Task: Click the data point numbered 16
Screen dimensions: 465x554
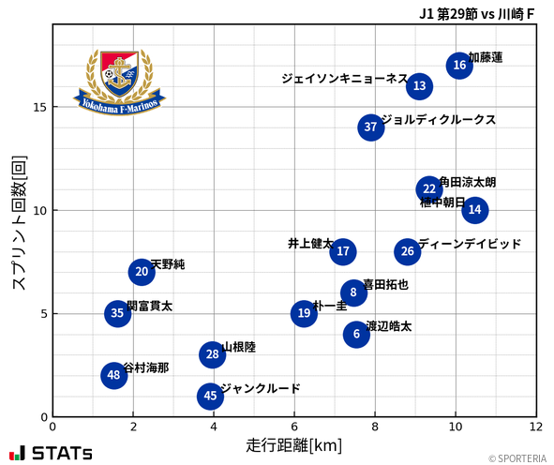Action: (x=458, y=65)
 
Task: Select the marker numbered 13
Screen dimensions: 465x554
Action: (x=419, y=86)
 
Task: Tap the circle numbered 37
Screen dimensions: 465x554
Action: (x=370, y=127)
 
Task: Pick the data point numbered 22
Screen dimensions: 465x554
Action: (x=429, y=189)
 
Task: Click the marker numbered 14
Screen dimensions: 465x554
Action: (x=474, y=210)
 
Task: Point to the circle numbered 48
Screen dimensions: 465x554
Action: (x=113, y=376)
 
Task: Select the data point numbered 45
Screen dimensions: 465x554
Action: (x=210, y=397)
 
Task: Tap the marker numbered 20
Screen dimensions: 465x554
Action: (x=142, y=273)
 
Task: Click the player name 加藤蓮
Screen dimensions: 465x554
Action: (x=486, y=58)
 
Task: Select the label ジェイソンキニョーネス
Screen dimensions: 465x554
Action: (x=344, y=79)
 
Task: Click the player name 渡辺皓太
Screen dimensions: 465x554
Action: (x=388, y=326)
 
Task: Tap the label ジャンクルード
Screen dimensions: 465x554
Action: (x=260, y=388)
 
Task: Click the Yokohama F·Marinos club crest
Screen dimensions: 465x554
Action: (x=120, y=82)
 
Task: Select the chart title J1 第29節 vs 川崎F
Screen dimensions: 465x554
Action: (x=477, y=15)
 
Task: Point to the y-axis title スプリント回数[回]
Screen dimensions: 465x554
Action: (x=18, y=222)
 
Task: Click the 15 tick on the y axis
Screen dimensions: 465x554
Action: (x=38, y=107)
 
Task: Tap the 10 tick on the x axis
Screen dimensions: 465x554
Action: (x=455, y=427)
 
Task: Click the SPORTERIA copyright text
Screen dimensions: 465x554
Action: (x=516, y=458)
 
